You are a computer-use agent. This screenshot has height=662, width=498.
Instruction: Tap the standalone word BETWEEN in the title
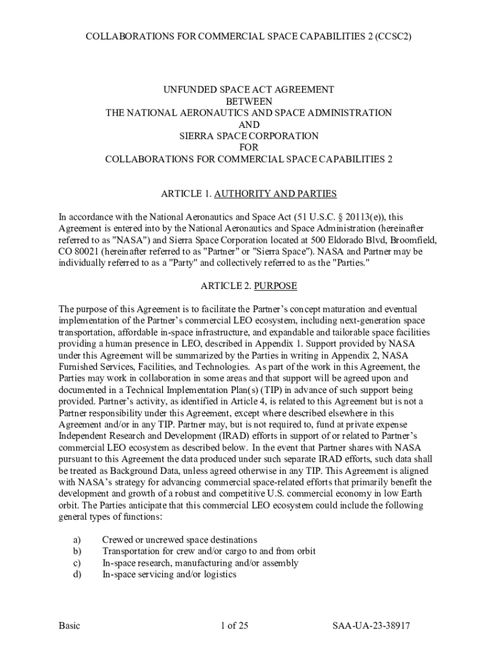point(249,101)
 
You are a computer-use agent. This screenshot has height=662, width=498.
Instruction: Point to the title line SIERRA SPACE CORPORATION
point(249,136)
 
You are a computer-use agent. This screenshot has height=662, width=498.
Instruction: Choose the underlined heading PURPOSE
point(276,286)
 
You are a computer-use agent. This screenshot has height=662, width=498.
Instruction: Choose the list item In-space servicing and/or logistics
point(169,575)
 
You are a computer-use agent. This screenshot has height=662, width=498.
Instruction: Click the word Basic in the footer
point(69,626)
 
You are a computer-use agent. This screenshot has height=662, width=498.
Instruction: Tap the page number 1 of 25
point(234,626)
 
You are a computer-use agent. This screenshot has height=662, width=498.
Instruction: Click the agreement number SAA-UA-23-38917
point(372,626)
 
